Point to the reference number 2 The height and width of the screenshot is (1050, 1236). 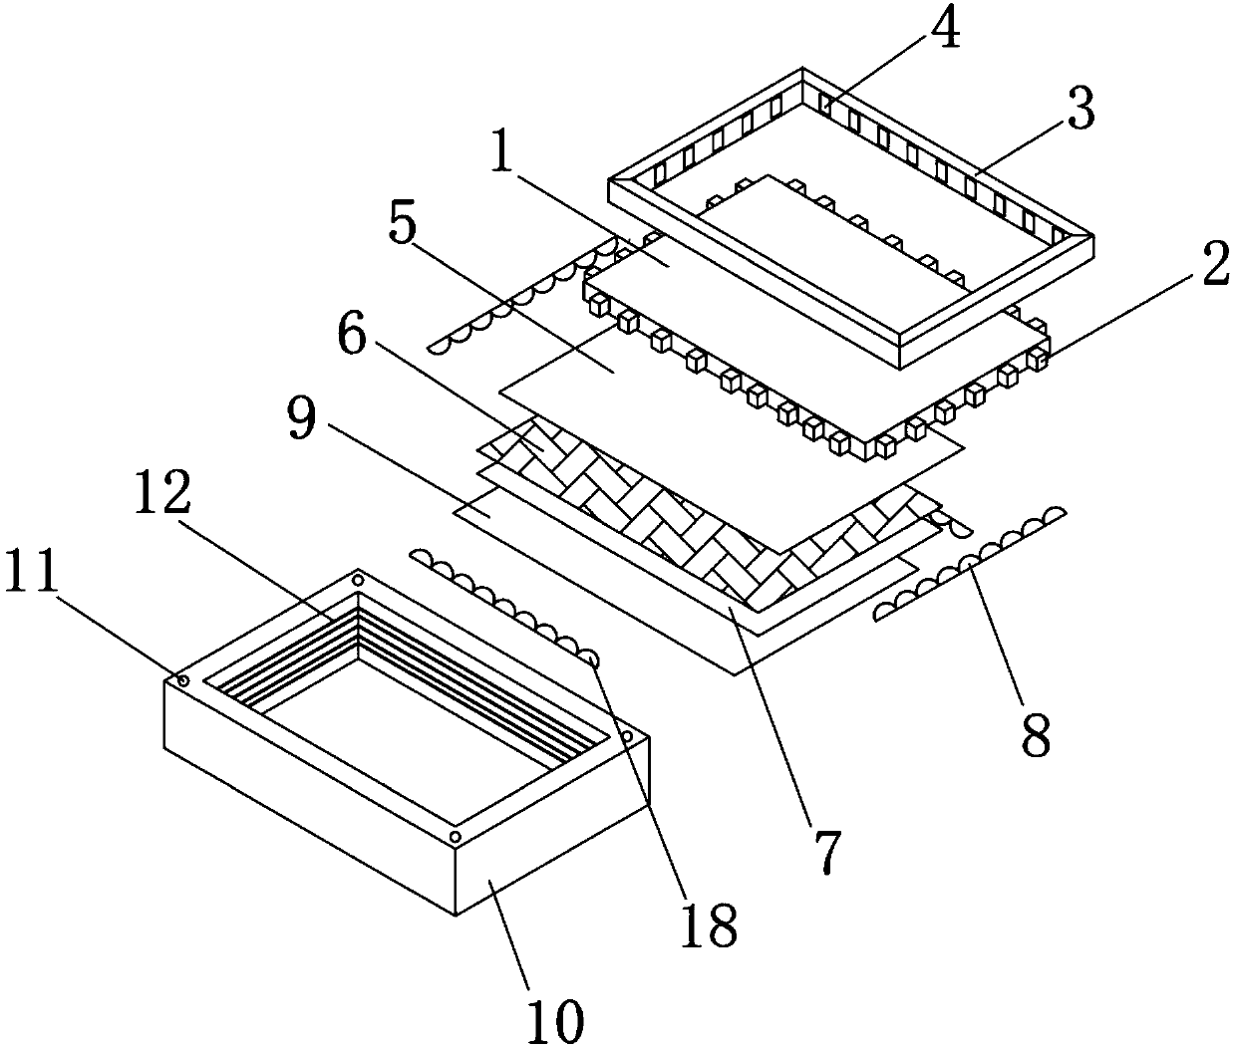[x=1213, y=267]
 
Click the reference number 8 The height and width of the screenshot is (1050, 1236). [x=1035, y=734]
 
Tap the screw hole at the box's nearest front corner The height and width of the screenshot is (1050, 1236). [x=455, y=835]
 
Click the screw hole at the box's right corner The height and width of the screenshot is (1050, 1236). [x=627, y=736]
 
